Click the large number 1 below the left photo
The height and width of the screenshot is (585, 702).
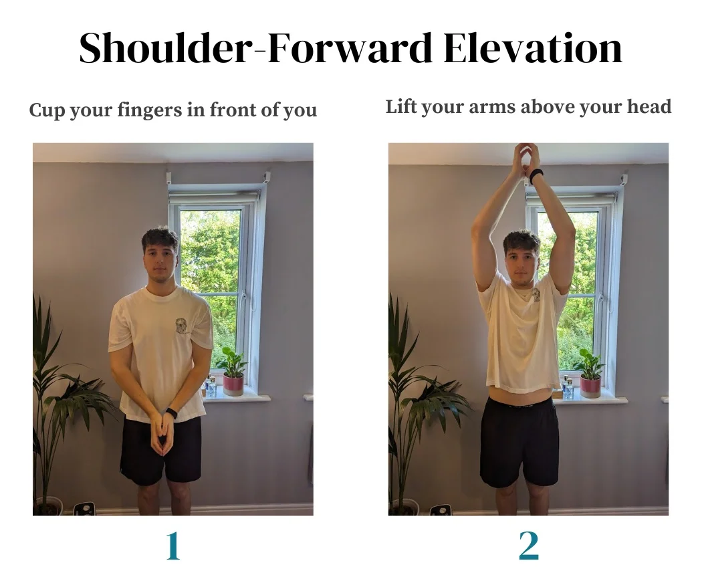click(172, 546)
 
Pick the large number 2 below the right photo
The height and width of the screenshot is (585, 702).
click(528, 546)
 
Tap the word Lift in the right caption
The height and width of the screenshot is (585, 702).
click(400, 106)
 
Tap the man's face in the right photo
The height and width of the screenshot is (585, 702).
click(521, 259)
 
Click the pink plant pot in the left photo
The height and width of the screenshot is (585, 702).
click(233, 384)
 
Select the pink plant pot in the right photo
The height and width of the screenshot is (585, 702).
click(590, 386)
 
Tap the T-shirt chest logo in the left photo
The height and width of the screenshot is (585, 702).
click(181, 326)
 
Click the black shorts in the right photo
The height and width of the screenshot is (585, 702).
click(519, 441)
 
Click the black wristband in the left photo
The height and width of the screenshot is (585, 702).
click(172, 413)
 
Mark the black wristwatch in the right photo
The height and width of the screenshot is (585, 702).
click(536, 175)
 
